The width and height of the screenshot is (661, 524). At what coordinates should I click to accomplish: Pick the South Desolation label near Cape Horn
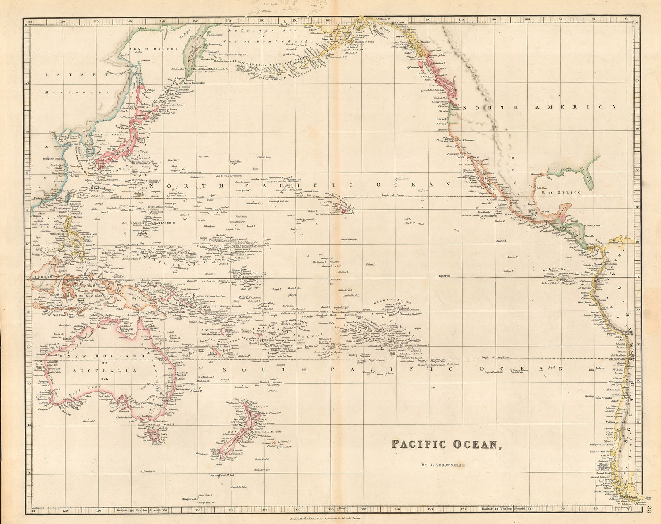(x=603, y=491)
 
